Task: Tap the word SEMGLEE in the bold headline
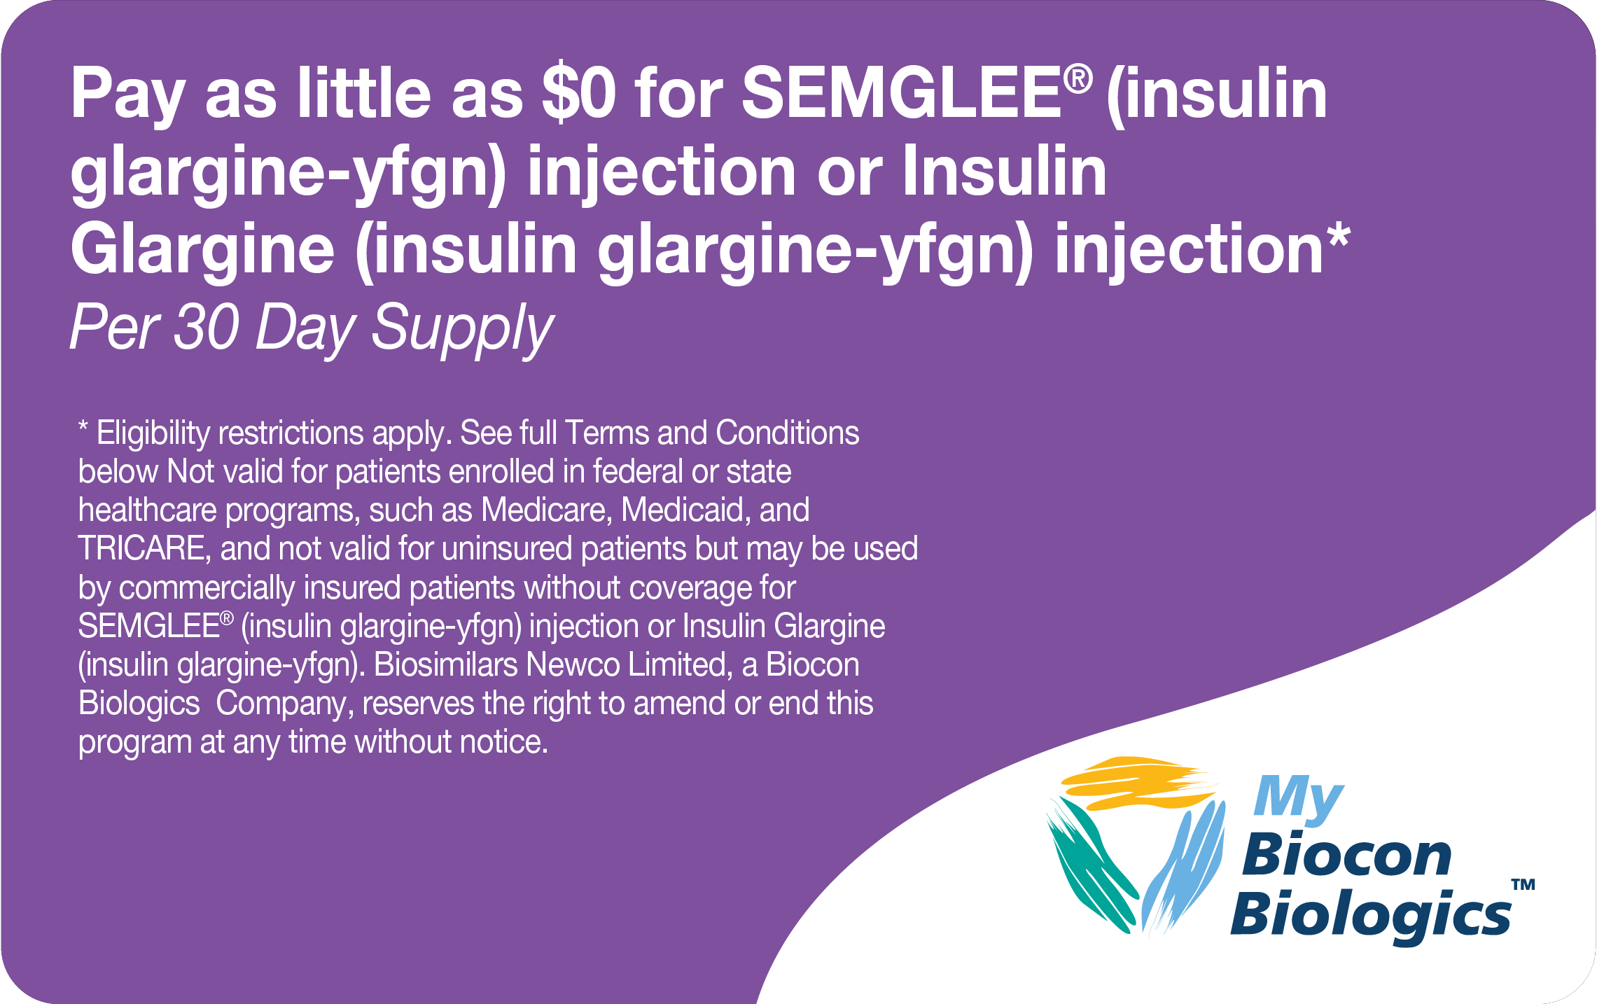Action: [902, 95]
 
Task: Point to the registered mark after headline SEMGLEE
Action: [1078, 79]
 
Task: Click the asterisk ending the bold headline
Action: [1337, 236]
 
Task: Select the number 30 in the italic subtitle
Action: [206, 327]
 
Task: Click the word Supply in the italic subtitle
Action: [462, 329]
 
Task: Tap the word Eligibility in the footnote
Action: [153, 433]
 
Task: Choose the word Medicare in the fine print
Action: [543, 510]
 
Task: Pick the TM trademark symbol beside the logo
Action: [1523, 884]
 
